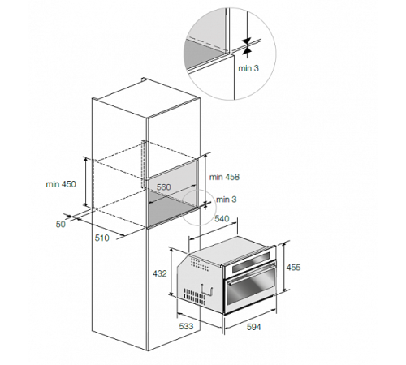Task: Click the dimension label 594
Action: [253, 327]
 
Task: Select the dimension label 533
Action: [186, 326]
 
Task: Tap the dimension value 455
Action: [293, 268]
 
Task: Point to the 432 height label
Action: [160, 273]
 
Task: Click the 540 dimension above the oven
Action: [222, 218]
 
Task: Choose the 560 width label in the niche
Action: [164, 187]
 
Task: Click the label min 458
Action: [224, 177]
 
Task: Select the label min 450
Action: [61, 184]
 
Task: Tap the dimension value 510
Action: [102, 238]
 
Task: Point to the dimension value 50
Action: [61, 224]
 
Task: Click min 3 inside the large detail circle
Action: [248, 68]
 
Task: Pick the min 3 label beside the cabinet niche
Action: [227, 200]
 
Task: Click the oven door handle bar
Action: [252, 274]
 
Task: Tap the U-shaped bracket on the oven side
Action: [207, 290]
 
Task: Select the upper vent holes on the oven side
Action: [199, 264]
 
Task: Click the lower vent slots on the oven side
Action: [194, 295]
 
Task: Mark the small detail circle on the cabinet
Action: [199, 208]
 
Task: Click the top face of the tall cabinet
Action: [146, 99]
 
